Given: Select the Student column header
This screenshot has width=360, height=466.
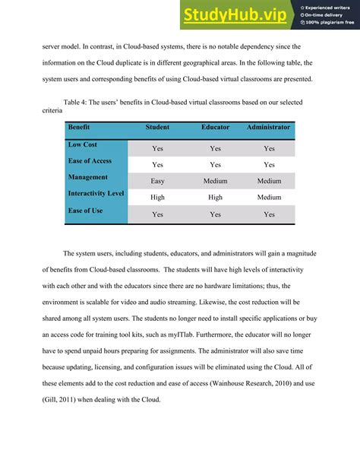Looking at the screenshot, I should [x=157, y=128].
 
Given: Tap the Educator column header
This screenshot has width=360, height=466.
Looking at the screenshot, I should [x=215, y=128].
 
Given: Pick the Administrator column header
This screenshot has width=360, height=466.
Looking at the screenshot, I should [x=268, y=128].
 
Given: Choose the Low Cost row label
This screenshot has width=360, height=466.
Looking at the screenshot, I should [x=83, y=144].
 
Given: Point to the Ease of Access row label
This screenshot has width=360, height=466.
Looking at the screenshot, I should [x=90, y=161].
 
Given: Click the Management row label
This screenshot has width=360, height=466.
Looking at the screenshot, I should [x=88, y=177].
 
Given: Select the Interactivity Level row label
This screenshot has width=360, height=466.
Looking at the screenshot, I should [x=96, y=194].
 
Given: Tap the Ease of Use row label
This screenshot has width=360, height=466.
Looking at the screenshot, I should [x=85, y=211].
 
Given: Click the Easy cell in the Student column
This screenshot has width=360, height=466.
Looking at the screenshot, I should [x=157, y=182].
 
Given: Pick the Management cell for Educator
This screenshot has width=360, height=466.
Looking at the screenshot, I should [x=215, y=182].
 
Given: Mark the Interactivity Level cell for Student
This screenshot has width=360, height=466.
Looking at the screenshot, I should [x=157, y=198].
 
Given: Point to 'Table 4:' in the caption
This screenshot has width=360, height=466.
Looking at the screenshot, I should [x=77, y=101].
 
